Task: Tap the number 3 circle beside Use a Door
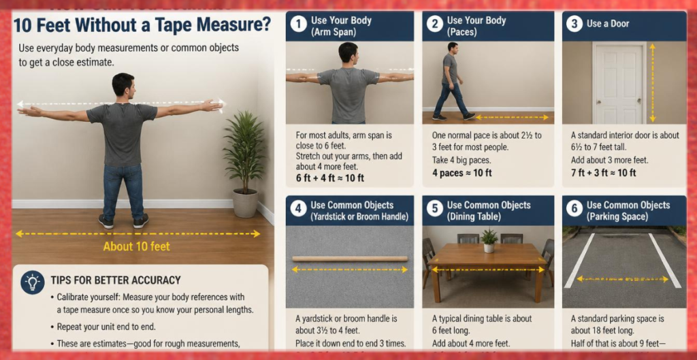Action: pyautogui.click(x=574, y=24)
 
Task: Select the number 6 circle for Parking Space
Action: pyautogui.click(x=574, y=208)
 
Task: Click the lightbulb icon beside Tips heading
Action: pyautogui.click(x=33, y=282)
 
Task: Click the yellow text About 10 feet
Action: pyautogui.click(x=136, y=246)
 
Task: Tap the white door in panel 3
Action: pyautogui.click(x=619, y=83)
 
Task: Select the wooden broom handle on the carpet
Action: pyautogui.click(x=350, y=259)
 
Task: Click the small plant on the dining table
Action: pyautogui.click(x=489, y=240)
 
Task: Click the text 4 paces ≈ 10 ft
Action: pyautogui.click(x=462, y=172)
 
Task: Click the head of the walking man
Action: pyautogui.click(x=452, y=48)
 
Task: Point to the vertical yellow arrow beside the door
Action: pyautogui.click(x=653, y=82)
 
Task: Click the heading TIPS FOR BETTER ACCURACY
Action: pyautogui.click(x=116, y=280)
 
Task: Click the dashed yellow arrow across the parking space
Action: pyautogui.click(x=622, y=279)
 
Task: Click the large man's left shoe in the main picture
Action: pyautogui.click(x=106, y=221)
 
